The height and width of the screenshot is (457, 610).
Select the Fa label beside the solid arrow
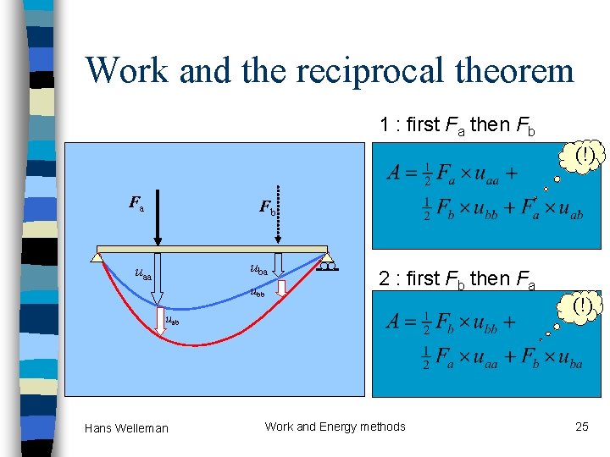point(136,203)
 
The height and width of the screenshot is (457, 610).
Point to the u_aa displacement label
point(143,273)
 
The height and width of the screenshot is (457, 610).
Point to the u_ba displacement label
point(259,270)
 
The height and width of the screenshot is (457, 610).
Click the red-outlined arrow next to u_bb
point(282,289)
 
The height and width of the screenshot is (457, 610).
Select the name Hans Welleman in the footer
point(126,428)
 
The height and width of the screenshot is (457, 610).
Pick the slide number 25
point(581,427)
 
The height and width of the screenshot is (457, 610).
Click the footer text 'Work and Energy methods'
point(335,427)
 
